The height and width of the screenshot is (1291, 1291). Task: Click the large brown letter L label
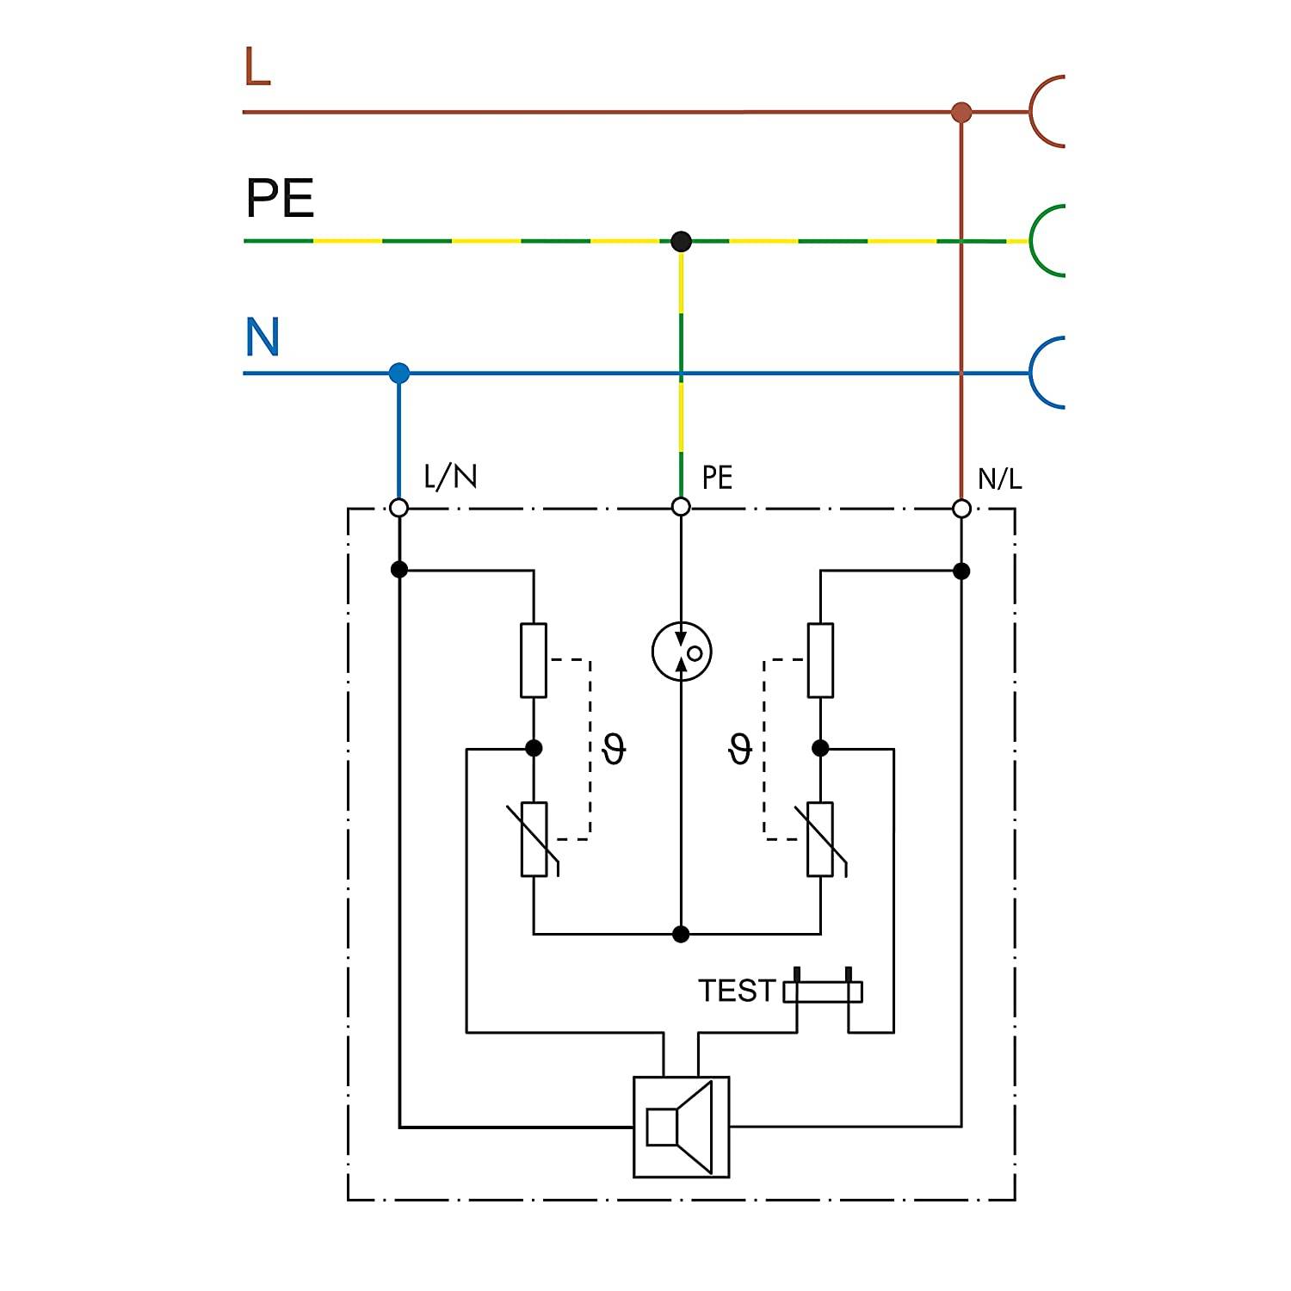(x=257, y=66)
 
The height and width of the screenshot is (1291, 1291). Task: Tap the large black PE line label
(x=281, y=198)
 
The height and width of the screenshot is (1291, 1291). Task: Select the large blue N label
(x=263, y=337)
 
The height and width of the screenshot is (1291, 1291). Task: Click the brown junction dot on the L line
(x=961, y=112)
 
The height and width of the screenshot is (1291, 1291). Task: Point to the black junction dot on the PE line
(x=681, y=241)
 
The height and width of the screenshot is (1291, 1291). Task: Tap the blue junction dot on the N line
(x=398, y=374)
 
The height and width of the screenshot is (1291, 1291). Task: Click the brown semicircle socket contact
(x=1032, y=112)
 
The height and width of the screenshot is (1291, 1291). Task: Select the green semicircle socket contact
(x=1032, y=241)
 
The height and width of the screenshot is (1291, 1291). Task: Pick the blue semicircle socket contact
(x=1032, y=372)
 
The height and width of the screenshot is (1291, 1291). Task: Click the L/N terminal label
(x=450, y=476)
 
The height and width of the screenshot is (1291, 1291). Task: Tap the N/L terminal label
(x=999, y=478)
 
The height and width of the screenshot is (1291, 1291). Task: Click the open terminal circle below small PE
(x=681, y=508)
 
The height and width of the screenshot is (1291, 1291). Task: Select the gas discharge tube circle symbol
(x=682, y=651)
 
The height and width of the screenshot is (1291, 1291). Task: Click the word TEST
(x=737, y=991)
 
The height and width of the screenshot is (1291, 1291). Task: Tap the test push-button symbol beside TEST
(x=823, y=991)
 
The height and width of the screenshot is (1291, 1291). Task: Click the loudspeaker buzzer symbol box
(x=681, y=1127)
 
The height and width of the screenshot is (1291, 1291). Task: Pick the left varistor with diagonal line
(x=534, y=839)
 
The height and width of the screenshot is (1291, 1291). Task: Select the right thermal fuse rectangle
(x=820, y=660)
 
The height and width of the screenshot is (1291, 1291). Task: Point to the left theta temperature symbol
(x=614, y=748)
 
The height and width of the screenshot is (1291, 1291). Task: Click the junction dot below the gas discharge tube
(x=681, y=934)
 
